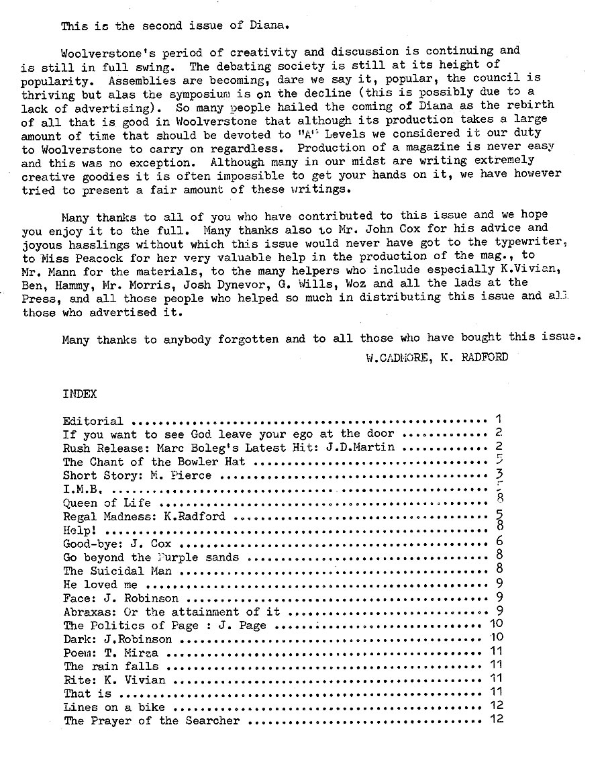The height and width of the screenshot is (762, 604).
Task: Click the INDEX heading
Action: [79, 394]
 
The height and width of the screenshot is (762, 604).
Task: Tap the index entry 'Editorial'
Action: [93, 422]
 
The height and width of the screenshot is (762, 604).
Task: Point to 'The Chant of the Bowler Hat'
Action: [154, 462]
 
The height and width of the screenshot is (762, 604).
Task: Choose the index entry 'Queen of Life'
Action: [107, 503]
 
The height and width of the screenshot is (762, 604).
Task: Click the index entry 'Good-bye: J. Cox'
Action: [117, 544]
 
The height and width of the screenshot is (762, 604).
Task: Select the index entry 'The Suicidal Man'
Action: [117, 571]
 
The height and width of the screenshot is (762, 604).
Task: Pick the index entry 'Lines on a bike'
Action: [113, 708]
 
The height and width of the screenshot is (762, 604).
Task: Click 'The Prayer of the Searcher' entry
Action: [151, 721]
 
